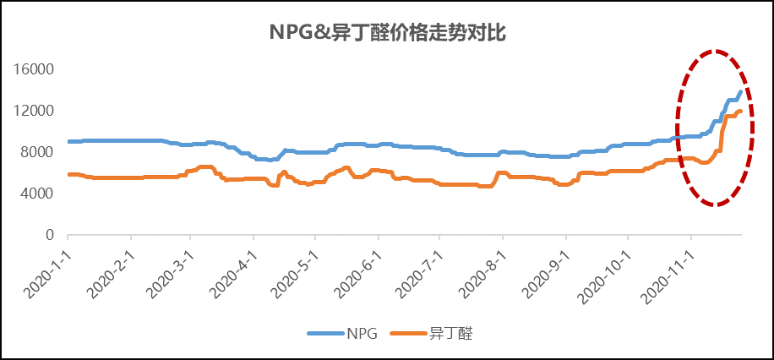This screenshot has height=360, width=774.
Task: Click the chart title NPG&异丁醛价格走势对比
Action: [x=387, y=33]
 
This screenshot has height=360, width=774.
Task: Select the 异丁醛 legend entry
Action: [x=450, y=334]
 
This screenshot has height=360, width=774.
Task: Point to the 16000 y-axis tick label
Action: [x=35, y=69]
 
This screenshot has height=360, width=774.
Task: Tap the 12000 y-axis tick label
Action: [x=35, y=111]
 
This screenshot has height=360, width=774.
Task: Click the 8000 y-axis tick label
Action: [x=39, y=152]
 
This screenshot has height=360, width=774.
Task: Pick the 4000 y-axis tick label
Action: [x=39, y=194]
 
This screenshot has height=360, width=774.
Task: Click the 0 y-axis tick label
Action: [x=50, y=235]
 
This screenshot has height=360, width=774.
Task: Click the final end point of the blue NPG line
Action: [x=741, y=92]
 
